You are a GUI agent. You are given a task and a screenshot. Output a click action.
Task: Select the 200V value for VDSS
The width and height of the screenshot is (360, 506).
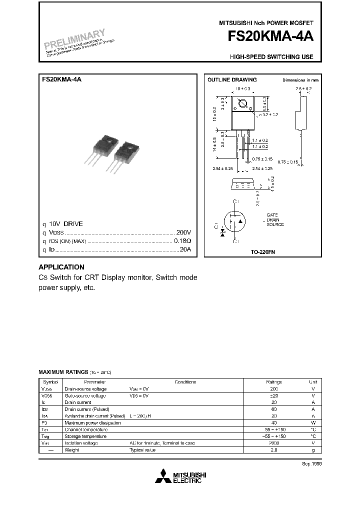[183, 232]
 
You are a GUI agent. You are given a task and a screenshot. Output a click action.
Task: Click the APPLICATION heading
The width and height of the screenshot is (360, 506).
[61, 267]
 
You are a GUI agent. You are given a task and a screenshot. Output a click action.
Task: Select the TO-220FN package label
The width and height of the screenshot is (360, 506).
[263, 253]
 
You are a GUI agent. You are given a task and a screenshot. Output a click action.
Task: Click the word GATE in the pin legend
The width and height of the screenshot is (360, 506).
[272, 214]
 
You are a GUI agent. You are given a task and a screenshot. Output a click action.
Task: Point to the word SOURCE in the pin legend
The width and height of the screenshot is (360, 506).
[275, 224]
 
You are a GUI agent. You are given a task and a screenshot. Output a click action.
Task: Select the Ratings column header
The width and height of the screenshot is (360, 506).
[274, 381]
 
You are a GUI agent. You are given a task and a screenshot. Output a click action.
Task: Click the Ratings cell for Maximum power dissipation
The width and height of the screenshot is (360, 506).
[274, 422]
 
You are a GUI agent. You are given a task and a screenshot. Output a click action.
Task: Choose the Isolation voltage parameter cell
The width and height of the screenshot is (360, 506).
[80, 443]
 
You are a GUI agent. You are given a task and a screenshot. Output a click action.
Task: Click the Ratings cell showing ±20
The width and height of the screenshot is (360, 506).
[274, 395]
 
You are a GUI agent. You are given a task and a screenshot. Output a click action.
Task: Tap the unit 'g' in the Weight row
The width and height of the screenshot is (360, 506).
[313, 450]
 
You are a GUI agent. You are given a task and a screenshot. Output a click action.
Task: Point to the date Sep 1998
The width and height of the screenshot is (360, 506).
[311, 463]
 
